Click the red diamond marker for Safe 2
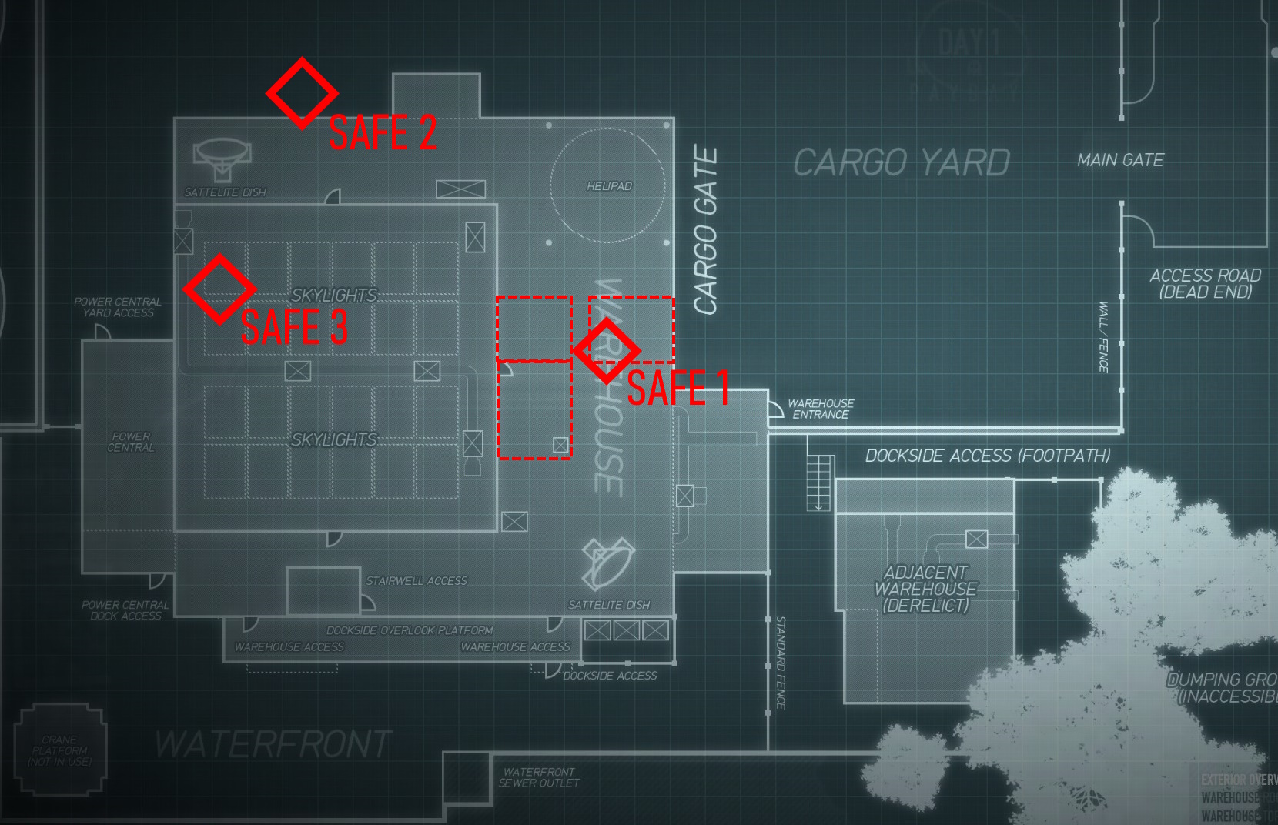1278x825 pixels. [302, 92]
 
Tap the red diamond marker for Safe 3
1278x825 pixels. [219, 289]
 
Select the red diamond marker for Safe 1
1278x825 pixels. [607, 350]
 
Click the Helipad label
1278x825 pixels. [609, 186]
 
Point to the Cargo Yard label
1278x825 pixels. [902, 162]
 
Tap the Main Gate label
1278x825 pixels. [1120, 160]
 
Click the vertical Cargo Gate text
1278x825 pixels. [706, 231]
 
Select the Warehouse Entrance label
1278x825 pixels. [821, 409]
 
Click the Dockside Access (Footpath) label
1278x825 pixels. [988, 456]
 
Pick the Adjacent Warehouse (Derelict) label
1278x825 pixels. [925, 589]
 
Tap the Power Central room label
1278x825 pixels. [131, 442]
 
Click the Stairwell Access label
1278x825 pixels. [417, 581]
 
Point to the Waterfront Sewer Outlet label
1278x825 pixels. [539, 777]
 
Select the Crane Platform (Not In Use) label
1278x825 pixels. [59, 750]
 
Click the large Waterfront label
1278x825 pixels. [273, 744]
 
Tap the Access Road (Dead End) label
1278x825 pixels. [1206, 283]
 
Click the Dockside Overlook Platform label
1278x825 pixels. [410, 630]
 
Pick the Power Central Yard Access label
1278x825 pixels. [118, 307]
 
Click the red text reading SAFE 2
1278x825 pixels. [383, 132]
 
